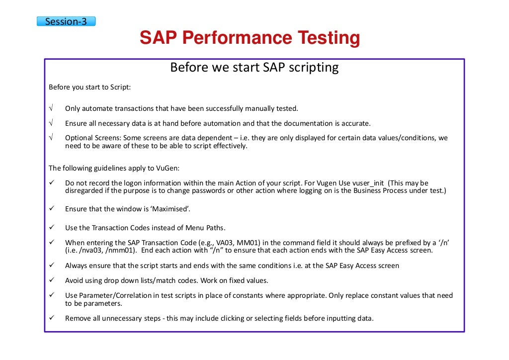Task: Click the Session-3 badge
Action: click(x=66, y=21)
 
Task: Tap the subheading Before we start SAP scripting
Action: click(x=254, y=67)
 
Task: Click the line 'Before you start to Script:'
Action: click(x=89, y=88)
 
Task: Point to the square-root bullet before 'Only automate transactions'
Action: click(x=51, y=108)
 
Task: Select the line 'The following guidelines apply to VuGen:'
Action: click(x=114, y=168)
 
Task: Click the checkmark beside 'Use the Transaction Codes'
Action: click(x=51, y=228)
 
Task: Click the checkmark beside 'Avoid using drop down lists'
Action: click(x=51, y=280)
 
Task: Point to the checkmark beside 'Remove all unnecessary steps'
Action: click(x=51, y=318)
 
